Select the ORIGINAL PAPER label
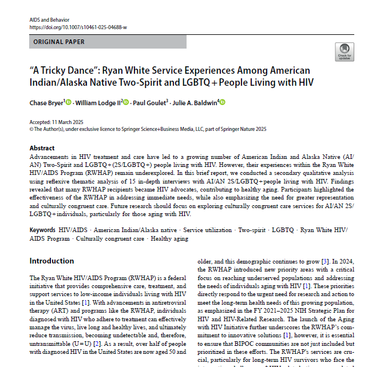(59, 42)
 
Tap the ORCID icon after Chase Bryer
(69, 102)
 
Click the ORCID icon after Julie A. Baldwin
(223, 102)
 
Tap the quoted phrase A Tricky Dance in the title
(64, 70)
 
